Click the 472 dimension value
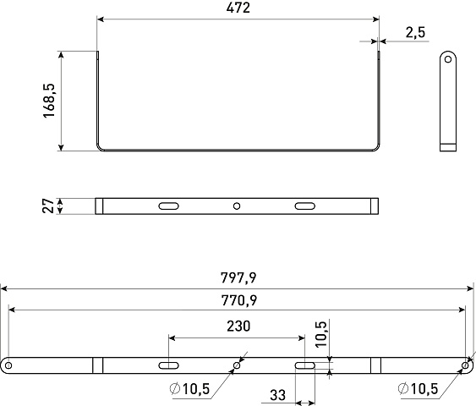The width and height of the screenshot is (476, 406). pos(238,8)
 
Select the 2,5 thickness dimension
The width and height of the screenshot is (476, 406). pos(416,32)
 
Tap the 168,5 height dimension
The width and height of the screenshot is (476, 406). pos(49,101)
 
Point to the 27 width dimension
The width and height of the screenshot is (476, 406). pos(48,206)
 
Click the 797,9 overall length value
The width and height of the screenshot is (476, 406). pos(238,277)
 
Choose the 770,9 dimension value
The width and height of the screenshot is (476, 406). pos(239,300)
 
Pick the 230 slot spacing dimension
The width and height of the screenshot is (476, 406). pos(238,326)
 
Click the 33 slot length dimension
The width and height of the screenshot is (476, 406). pos(278,395)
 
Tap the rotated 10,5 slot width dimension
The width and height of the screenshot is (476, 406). pos(321,334)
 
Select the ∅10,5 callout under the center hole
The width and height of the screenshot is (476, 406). pos(189,389)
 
